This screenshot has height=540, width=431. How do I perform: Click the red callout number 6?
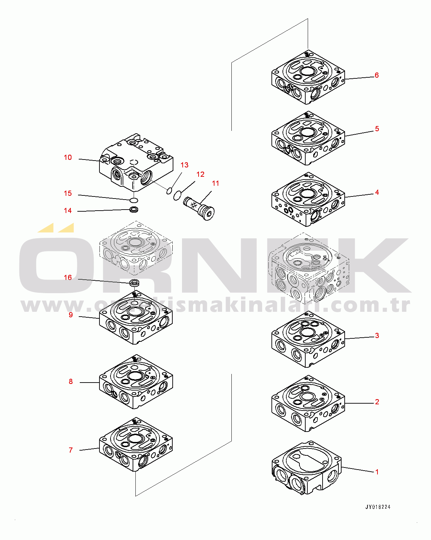tap(376, 75)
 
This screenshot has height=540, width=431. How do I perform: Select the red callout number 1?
tap(377, 472)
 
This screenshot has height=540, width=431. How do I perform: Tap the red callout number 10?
tap(68, 157)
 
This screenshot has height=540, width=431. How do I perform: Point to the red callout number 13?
tap(184, 165)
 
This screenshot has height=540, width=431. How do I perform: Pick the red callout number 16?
tap(68, 277)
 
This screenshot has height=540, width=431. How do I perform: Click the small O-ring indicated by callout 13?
tap(169, 191)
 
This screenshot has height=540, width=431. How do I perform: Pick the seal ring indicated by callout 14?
tap(134, 210)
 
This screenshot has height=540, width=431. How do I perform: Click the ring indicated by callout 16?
tap(134, 283)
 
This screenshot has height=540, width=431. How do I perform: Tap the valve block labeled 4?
tap(308, 199)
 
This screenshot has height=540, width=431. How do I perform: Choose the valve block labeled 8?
tap(136, 382)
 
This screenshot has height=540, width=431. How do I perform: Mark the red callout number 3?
tap(377, 336)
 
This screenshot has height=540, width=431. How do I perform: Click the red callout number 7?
tap(71, 450)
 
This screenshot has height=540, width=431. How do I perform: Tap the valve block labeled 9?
tap(136, 318)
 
